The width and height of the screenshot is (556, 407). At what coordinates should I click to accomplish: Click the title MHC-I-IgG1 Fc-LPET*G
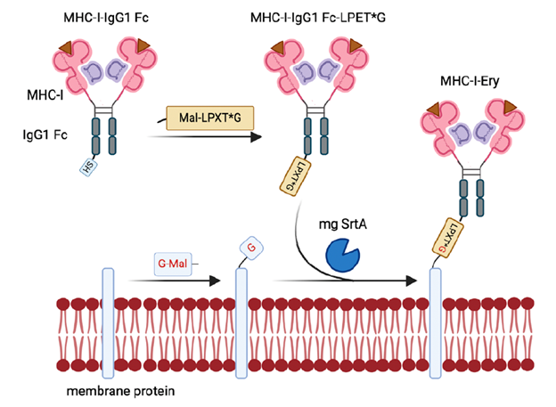tap(315, 16)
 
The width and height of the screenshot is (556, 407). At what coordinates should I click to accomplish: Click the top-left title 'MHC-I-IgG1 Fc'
tap(102, 16)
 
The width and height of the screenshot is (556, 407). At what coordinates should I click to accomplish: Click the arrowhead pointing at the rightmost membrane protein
tap(413, 281)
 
